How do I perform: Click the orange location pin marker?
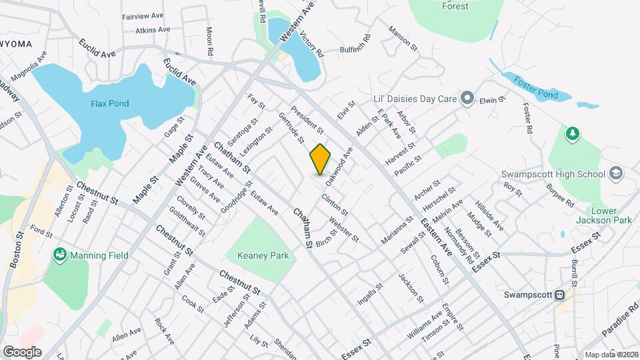(321, 159)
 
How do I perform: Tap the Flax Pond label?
(110, 103)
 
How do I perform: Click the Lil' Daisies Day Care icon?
(467, 99)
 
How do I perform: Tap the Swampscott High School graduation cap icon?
(615, 174)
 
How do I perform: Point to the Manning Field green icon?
(60, 254)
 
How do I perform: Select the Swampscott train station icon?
(561, 295)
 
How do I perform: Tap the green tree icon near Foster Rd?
(571, 135)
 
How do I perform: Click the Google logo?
(22, 351)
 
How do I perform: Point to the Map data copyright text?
(611, 355)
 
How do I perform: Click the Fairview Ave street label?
(143, 16)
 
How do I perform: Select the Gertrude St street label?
(291, 127)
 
